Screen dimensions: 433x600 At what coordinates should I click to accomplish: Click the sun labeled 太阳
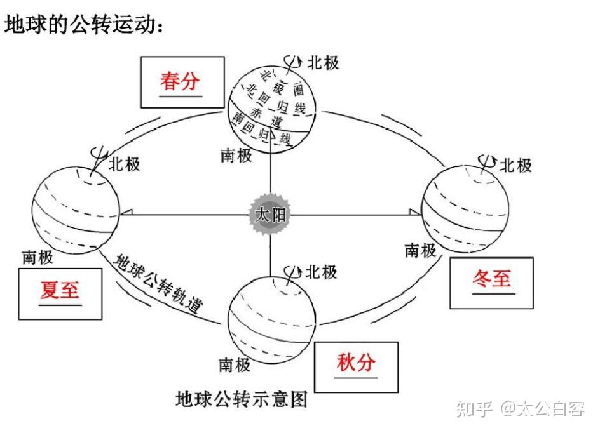271,215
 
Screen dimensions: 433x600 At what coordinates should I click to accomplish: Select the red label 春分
180,81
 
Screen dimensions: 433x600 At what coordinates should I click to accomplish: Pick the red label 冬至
492,279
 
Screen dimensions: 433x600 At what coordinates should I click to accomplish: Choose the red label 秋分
356,363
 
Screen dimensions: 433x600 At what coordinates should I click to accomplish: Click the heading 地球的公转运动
86,25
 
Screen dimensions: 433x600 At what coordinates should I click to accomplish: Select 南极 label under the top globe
236,156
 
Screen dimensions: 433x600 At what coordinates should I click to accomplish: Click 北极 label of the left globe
124,164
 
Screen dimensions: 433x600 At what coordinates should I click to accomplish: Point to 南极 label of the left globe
37,257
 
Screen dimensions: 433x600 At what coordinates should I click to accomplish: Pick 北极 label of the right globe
515,166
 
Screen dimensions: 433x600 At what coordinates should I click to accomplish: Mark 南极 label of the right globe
421,250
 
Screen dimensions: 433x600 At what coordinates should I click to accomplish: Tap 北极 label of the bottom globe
321,272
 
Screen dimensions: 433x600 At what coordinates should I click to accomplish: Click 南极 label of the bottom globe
235,365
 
